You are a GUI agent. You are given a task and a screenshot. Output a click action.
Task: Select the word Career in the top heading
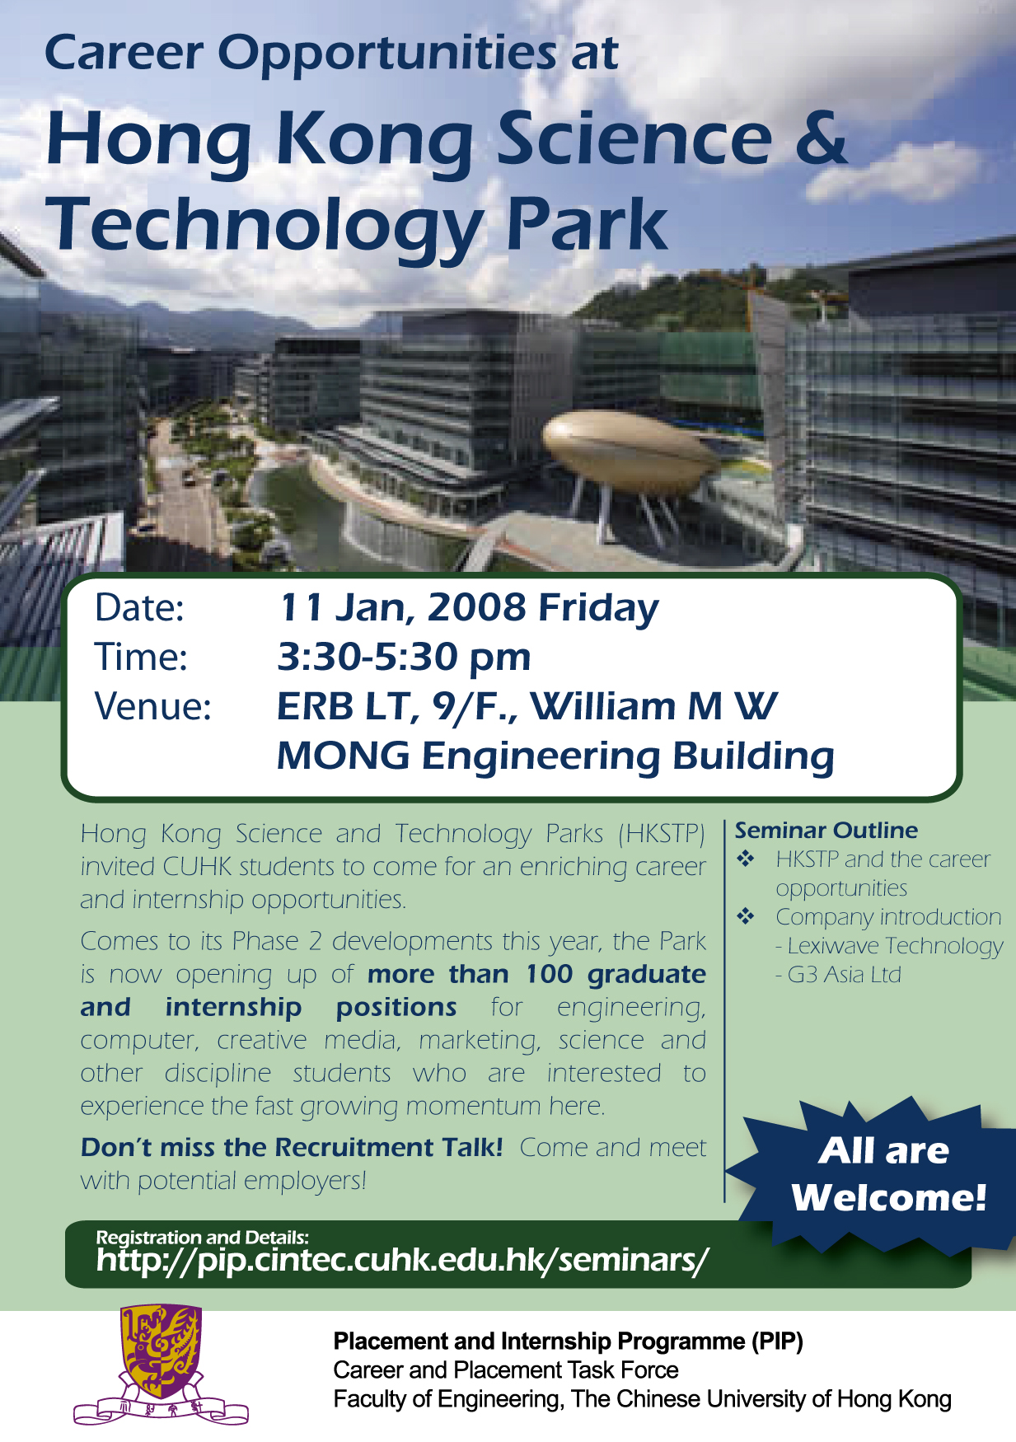point(123,54)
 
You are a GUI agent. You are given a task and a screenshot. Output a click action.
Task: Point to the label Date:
point(139,608)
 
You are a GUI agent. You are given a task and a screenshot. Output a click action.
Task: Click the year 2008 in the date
point(476,607)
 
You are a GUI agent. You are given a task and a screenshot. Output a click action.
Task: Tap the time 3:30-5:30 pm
point(404,658)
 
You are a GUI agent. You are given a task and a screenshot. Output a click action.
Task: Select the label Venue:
point(153,707)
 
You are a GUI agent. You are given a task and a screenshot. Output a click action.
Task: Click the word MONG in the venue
point(343,756)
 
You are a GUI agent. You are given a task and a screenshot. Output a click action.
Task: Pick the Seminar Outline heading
point(826,830)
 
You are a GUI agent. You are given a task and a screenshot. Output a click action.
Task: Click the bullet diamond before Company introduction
point(746,916)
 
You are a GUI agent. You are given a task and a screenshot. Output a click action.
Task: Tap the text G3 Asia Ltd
point(845,975)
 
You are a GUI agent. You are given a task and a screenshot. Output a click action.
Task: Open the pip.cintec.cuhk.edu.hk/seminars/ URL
point(402,1261)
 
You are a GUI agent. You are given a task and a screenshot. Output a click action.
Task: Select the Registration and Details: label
point(203,1237)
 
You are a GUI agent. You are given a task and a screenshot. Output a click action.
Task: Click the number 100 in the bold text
point(549,974)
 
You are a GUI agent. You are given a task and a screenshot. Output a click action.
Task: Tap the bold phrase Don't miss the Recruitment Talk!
point(292,1147)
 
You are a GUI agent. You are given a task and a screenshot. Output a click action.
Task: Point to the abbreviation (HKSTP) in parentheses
point(662,834)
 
